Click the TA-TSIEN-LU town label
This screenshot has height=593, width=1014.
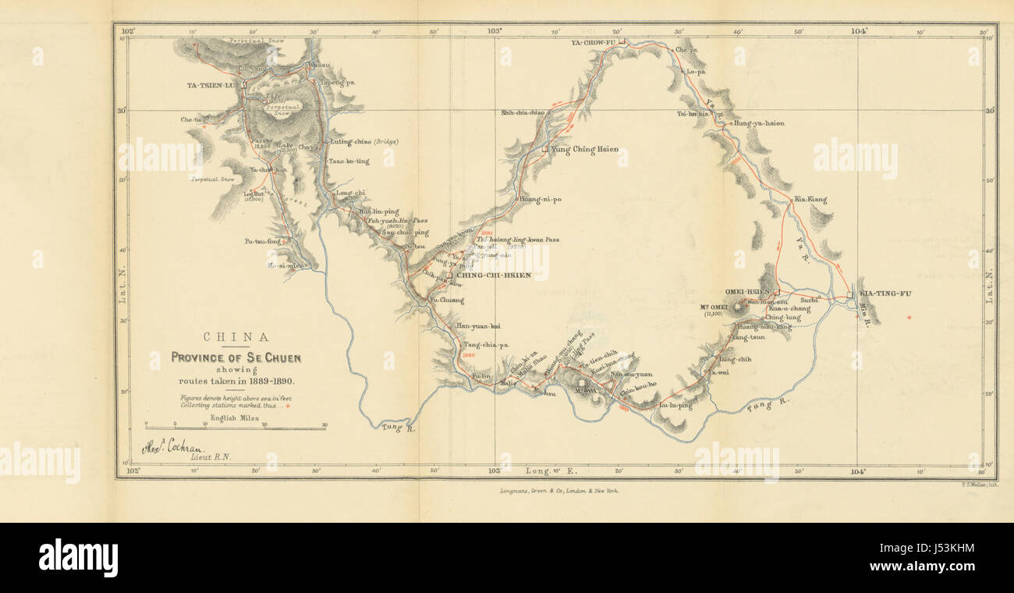point(213,84)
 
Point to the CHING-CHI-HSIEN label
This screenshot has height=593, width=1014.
point(494,275)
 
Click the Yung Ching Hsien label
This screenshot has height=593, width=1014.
point(585,148)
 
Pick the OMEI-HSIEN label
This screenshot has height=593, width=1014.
point(746,292)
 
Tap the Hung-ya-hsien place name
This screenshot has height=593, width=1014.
point(759,123)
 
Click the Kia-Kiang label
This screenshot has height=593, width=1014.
point(810,200)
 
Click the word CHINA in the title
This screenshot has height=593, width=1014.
point(236,337)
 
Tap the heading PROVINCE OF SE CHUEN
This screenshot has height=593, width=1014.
point(236,357)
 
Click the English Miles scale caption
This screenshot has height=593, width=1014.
point(235,418)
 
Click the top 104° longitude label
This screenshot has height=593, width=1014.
point(859,31)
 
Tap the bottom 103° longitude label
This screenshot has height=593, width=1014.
point(493,471)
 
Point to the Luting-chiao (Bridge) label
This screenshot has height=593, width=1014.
point(364,141)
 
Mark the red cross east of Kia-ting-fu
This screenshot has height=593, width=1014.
point(909,318)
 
